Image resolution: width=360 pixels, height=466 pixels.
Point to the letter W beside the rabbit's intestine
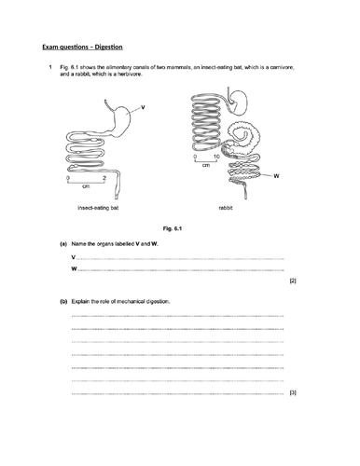[276, 174]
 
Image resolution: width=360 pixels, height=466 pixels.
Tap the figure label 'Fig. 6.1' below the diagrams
[176, 228]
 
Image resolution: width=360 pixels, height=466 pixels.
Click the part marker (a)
[63, 243]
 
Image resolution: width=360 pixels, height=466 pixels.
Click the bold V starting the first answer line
[73, 257]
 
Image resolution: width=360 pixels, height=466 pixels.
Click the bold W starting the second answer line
[74, 269]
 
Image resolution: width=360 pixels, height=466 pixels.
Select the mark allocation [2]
[293, 281]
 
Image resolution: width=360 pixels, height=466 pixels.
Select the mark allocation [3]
[293, 393]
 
